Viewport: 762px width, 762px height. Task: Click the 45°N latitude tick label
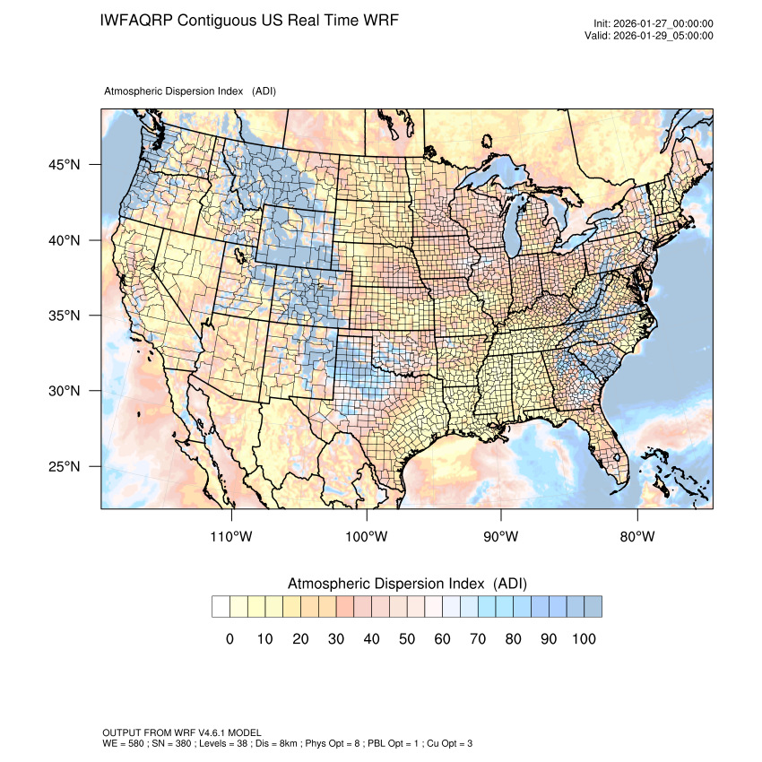pos(65,165)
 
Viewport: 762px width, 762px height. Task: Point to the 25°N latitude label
pos(65,467)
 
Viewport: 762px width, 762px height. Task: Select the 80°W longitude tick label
pos(636,537)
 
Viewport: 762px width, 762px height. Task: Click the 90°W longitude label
pos(501,537)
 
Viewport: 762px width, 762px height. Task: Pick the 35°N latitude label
pos(65,316)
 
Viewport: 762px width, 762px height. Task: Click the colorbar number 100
pos(583,639)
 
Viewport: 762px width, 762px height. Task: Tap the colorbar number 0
pos(229,639)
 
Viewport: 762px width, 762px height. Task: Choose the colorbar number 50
pos(407,639)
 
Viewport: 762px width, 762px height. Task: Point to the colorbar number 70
pos(478,639)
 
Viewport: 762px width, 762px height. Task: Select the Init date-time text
pos(654,23)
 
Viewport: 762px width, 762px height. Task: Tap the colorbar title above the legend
pos(407,584)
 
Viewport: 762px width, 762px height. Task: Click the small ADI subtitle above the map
pos(190,91)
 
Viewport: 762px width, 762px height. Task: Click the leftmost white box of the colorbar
pos(221,607)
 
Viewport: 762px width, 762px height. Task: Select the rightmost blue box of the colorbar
pos(593,607)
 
